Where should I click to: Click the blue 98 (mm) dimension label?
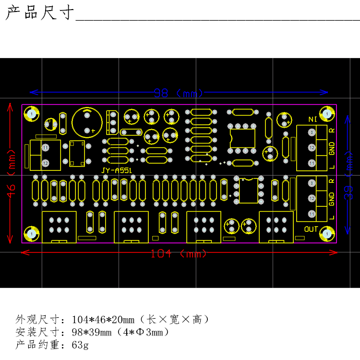(179, 92)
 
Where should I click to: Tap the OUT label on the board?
(311, 229)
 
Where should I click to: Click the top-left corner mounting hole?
(31, 114)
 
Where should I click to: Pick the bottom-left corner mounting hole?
(31, 233)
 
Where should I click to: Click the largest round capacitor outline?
(86, 122)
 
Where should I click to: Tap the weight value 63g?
(80, 345)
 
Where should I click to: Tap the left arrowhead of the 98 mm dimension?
(32, 92)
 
